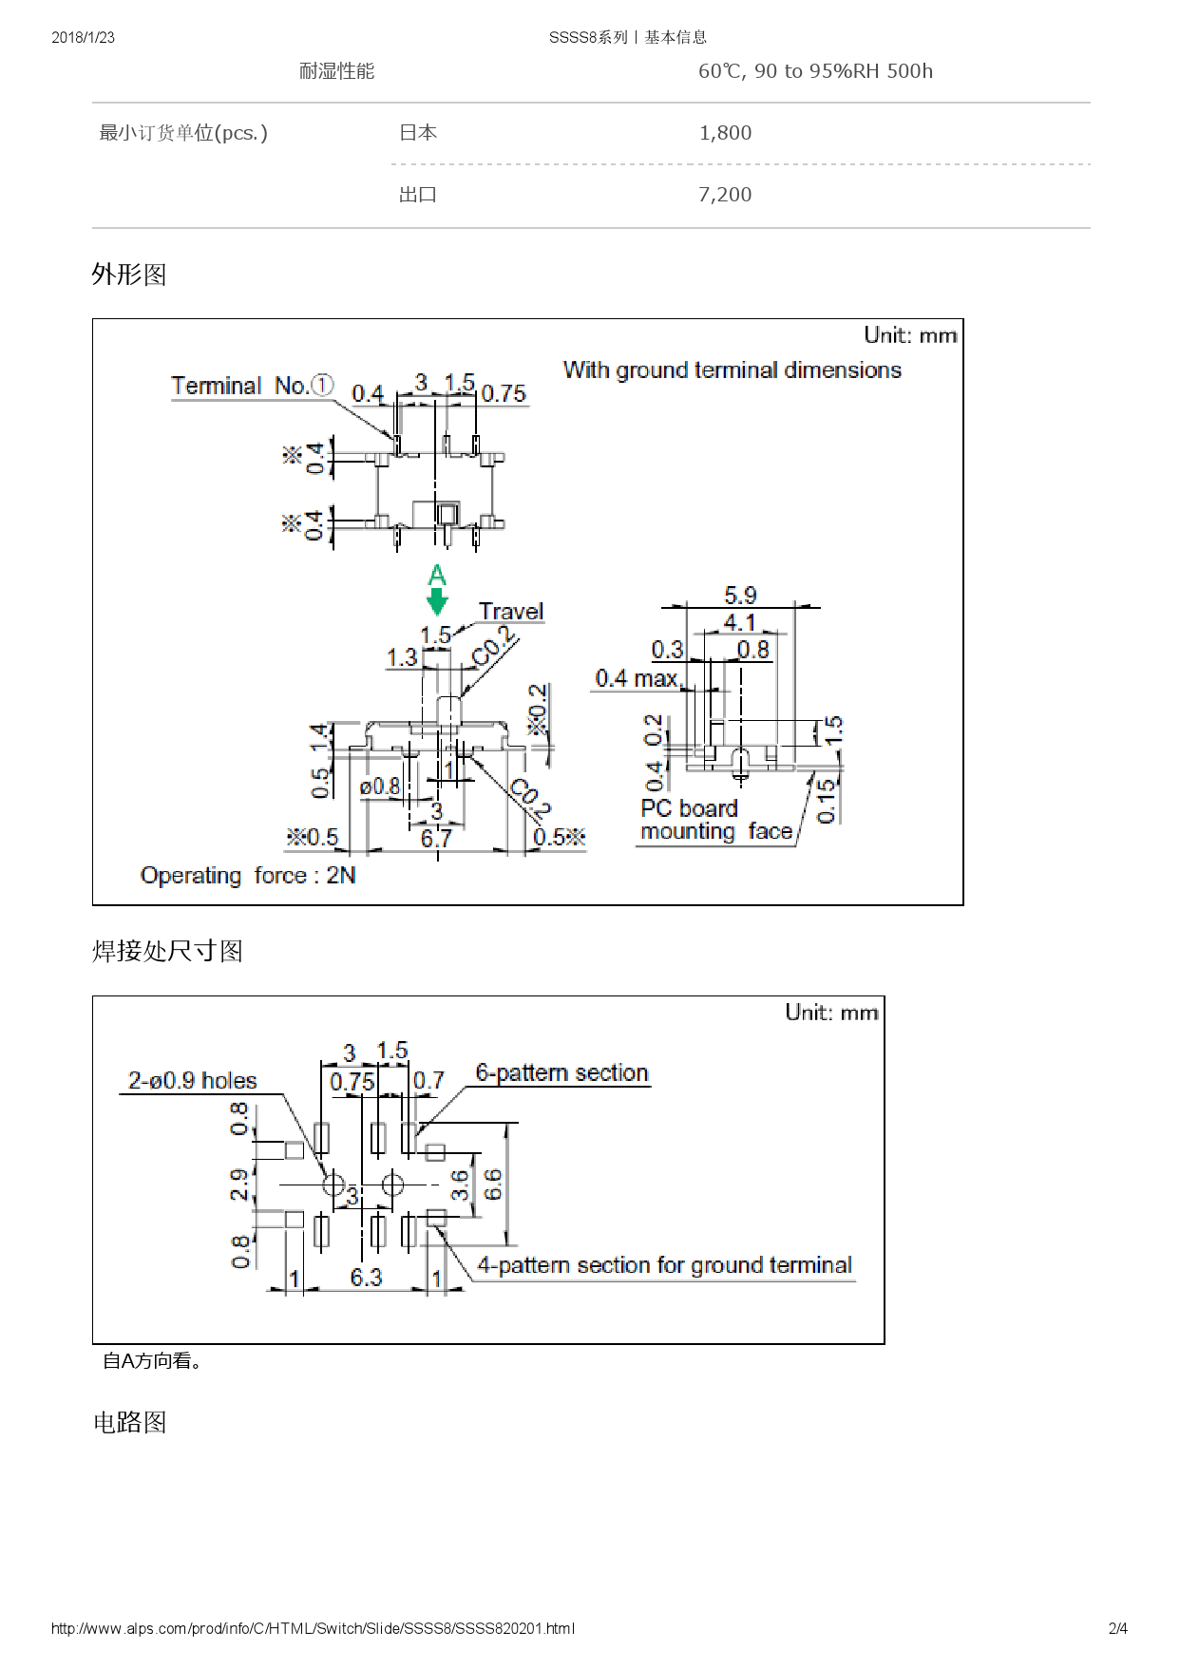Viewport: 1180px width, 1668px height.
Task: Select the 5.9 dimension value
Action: (740, 596)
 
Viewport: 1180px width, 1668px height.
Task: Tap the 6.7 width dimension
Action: (436, 838)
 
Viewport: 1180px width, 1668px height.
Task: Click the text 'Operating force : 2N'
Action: (248, 875)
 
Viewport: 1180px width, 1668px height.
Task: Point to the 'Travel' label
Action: (511, 611)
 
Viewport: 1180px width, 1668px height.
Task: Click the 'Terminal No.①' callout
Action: (252, 386)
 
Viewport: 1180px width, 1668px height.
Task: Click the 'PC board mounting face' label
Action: (715, 820)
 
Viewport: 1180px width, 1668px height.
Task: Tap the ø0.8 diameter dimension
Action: (380, 787)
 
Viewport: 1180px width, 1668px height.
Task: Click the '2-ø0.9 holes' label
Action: (193, 1080)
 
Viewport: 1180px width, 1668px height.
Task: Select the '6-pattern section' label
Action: (561, 1072)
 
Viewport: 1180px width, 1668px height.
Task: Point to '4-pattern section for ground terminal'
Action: (664, 1265)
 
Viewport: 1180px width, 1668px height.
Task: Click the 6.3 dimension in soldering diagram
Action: (366, 1277)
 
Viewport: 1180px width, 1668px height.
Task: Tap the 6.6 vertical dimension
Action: (492, 1184)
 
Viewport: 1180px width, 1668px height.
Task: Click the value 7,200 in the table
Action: (725, 195)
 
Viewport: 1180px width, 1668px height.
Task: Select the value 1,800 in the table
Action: (725, 133)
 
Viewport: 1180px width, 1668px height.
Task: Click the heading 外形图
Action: (129, 275)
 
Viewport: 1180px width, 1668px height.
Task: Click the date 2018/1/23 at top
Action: (83, 37)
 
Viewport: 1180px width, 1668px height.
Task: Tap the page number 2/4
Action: (1117, 1628)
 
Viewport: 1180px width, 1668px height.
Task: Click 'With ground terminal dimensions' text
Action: (732, 370)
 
